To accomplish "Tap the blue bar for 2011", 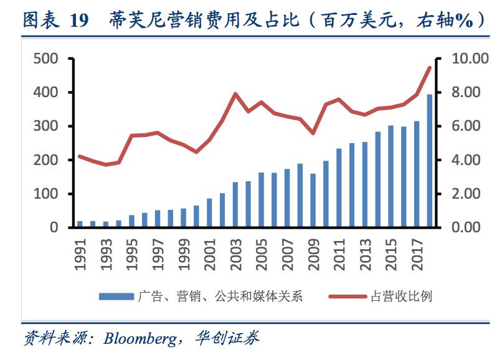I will pyautogui.click(x=339, y=187).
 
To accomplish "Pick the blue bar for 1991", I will pyautogui.click(x=80, y=224).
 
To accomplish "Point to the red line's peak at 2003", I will pyautogui.click(x=235, y=94).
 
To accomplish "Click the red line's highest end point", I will pyautogui.click(x=429, y=67).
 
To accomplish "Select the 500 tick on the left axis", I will pyautogui.click(x=45, y=59).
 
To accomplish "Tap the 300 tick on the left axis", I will pyautogui.click(x=45, y=126).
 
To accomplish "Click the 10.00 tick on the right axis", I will pyautogui.click(x=465, y=59).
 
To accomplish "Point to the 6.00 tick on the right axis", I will pyautogui.click(x=462, y=126).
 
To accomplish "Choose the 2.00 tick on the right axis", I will pyautogui.click(x=462, y=194).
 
